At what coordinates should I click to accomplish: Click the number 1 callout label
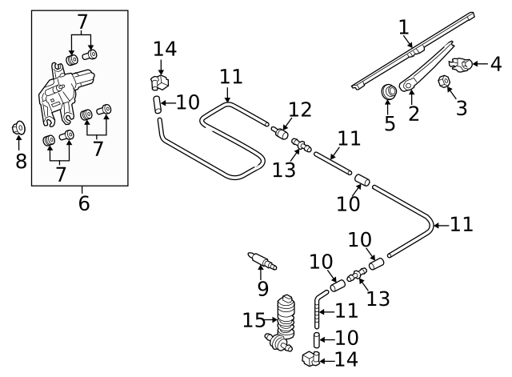pos(405,29)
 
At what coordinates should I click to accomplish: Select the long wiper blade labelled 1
pos(416,50)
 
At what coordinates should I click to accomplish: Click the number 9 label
pos(262,288)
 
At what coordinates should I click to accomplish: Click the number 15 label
pos(254,320)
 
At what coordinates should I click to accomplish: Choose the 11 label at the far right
pos(462,224)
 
